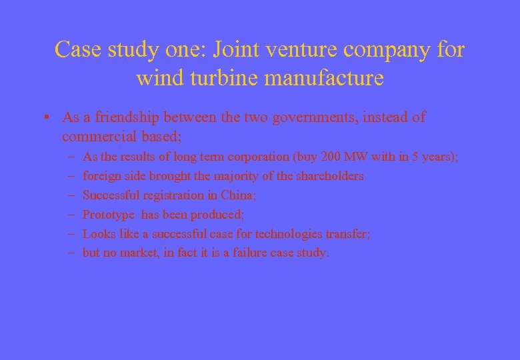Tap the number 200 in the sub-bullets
331,157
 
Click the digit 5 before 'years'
415,157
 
